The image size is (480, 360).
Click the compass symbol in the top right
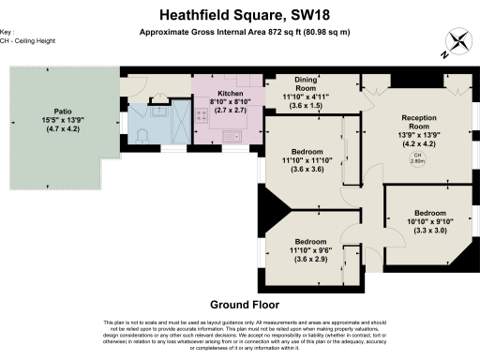tap(458, 41)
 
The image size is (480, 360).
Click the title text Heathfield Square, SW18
tap(239, 15)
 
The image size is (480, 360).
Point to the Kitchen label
tap(231, 94)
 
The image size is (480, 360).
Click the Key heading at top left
tap(8, 32)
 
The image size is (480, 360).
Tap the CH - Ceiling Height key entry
tap(28, 40)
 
